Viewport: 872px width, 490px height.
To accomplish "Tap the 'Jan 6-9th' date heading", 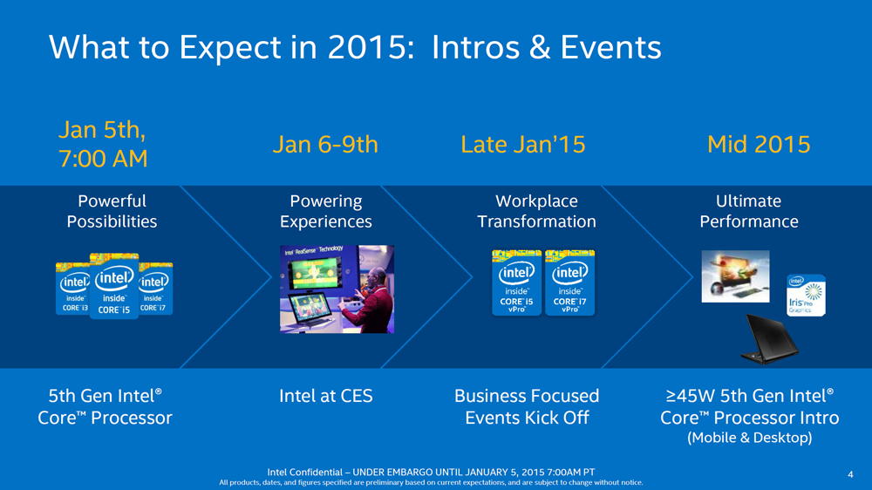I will tap(325, 145).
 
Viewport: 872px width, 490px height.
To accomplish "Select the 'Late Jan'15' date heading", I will tap(522, 145).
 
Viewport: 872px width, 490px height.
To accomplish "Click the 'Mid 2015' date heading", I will tap(759, 145).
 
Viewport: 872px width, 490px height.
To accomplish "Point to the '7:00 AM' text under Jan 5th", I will tap(102, 160).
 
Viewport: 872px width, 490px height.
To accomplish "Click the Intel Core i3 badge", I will tap(72, 289).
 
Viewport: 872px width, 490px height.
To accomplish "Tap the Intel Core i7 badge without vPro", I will tap(155, 289).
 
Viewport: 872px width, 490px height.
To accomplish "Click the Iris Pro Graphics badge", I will tap(806, 295).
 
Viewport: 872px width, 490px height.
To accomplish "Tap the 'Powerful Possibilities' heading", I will tap(112, 211).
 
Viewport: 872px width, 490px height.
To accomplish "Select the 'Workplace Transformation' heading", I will tap(536, 211).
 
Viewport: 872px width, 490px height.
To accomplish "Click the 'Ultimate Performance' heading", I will tap(748, 211).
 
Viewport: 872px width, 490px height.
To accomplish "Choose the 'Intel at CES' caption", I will tap(325, 396).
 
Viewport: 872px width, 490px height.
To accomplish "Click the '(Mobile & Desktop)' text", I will tap(749, 437).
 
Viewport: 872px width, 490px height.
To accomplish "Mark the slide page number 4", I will tap(849, 474).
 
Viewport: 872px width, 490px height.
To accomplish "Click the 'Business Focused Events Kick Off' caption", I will tap(527, 406).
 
